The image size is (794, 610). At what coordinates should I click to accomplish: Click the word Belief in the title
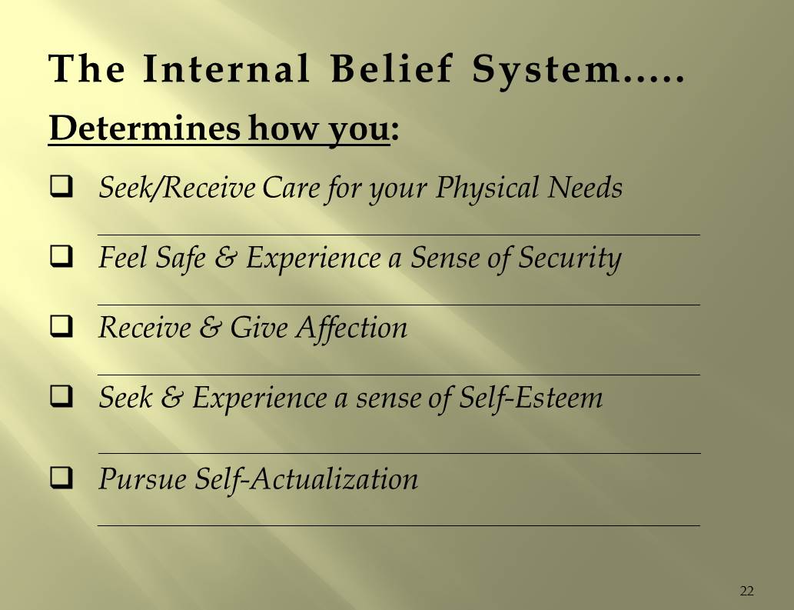pos(392,71)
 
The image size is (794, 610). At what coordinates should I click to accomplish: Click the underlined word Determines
pos(145,129)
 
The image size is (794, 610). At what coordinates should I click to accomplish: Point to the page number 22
pos(746,591)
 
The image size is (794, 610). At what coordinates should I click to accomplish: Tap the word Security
pos(569,259)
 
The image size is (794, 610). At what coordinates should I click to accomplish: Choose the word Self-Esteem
pos(530,398)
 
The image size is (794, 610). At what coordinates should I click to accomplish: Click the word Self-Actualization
pos(306,479)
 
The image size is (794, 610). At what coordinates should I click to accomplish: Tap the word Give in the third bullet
pos(252,328)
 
